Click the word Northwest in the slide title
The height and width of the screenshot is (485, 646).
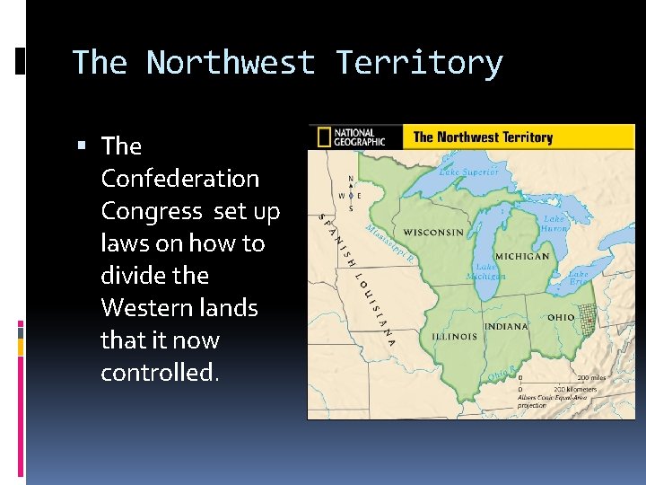pyautogui.click(x=231, y=63)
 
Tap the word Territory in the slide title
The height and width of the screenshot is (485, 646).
pyautogui.click(x=419, y=63)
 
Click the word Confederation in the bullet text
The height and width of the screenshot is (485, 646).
pyautogui.click(x=179, y=179)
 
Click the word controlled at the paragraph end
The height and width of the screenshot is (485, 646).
pyautogui.click(x=158, y=373)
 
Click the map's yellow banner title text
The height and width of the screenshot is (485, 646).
pyautogui.click(x=482, y=137)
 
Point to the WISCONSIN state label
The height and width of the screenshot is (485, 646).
pyautogui.click(x=433, y=233)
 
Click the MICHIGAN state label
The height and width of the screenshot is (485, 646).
pyautogui.click(x=522, y=256)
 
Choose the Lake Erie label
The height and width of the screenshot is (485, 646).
pyautogui.click(x=580, y=278)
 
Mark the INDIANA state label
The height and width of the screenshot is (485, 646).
pyautogui.click(x=506, y=326)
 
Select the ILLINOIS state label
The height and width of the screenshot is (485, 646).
pyautogui.click(x=454, y=337)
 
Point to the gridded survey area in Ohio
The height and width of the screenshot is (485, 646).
pyautogui.click(x=588, y=315)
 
